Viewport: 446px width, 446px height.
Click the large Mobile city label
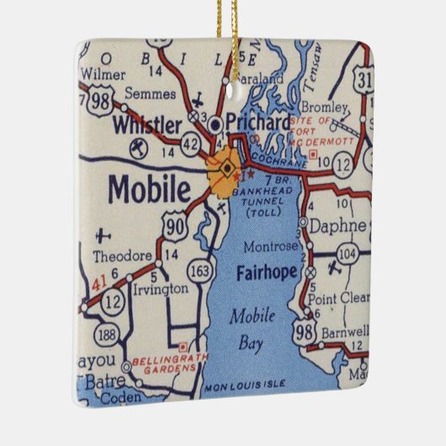click(x=148, y=189)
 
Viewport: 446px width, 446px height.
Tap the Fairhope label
click(x=264, y=272)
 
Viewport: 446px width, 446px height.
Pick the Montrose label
click(x=269, y=247)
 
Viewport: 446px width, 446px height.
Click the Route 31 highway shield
click(x=364, y=79)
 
